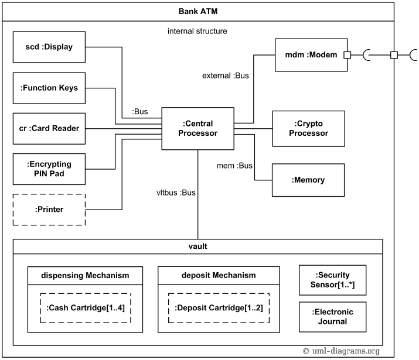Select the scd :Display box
coord(49,47)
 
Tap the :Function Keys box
coord(49,88)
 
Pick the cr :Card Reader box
coord(49,128)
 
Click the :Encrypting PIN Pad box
coord(49,169)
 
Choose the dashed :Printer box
coord(49,210)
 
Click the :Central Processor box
coord(197,128)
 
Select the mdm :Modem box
coord(311,55)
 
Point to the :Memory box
coord(308,180)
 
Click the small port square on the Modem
coord(348,55)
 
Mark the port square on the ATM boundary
coord(394,55)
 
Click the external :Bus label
coord(226,76)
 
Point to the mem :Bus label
coord(235,166)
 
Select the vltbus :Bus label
coord(176,192)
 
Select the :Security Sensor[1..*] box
coord(332,280)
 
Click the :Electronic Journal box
coord(332,317)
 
